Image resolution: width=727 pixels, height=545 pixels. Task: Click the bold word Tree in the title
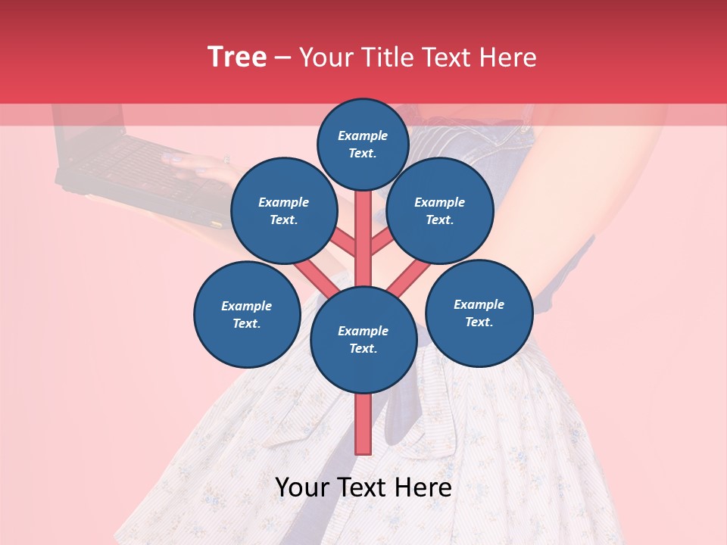tap(237, 58)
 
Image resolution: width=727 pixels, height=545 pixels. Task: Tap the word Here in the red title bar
tap(507, 58)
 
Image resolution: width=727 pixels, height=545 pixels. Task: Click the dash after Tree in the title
tap(282, 58)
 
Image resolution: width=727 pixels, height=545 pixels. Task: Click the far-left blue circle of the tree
tap(247, 314)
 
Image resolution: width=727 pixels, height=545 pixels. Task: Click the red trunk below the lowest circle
tap(363, 424)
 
